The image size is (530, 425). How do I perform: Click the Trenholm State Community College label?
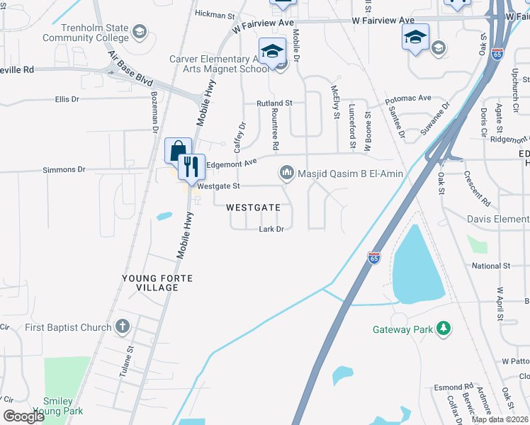click(x=85, y=33)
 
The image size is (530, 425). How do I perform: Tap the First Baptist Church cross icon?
click(x=123, y=327)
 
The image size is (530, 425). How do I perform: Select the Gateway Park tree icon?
click(x=444, y=329)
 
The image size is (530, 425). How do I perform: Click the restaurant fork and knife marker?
click(x=189, y=167)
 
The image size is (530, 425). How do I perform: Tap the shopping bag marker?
click(x=177, y=150)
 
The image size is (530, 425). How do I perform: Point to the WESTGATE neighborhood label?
click(x=258, y=208)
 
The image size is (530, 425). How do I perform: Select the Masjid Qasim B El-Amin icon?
click(x=287, y=173)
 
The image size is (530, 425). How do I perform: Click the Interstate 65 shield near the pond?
click(x=374, y=258)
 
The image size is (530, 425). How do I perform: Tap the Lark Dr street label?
click(x=271, y=229)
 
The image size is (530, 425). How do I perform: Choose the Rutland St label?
click(x=274, y=103)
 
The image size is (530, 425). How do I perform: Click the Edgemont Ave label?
click(x=232, y=164)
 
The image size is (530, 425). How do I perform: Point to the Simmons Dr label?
click(x=64, y=170)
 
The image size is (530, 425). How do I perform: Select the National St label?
click(x=491, y=266)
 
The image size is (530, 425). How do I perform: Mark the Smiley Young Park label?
click(x=63, y=405)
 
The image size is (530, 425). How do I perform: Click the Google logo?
click(x=24, y=416)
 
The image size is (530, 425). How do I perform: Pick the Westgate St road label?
click(x=220, y=186)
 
